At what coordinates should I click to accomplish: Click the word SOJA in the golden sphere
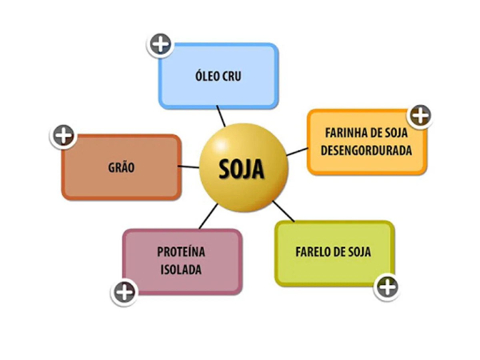[241, 170]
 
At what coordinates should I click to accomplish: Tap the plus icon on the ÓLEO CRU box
[161, 44]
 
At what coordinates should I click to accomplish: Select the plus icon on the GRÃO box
[63, 136]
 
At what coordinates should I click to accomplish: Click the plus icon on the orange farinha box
[420, 116]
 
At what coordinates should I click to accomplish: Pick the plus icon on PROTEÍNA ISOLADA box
[124, 292]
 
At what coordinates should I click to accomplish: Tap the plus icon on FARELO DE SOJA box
[387, 287]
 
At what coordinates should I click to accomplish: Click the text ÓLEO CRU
[218, 76]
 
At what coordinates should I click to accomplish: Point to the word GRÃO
[121, 168]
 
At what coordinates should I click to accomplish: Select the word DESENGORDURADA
[366, 151]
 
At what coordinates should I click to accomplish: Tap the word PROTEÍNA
[181, 252]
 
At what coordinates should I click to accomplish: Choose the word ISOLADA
[181, 270]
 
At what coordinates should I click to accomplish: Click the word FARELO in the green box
[311, 252]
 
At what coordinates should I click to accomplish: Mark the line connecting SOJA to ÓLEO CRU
[221, 116]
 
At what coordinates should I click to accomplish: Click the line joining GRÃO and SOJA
[189, 166]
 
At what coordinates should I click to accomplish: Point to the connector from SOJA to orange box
[297, 152]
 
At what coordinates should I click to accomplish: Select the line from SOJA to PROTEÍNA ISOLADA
[208, 216]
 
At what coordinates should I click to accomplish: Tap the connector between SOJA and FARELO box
[284, 211]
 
